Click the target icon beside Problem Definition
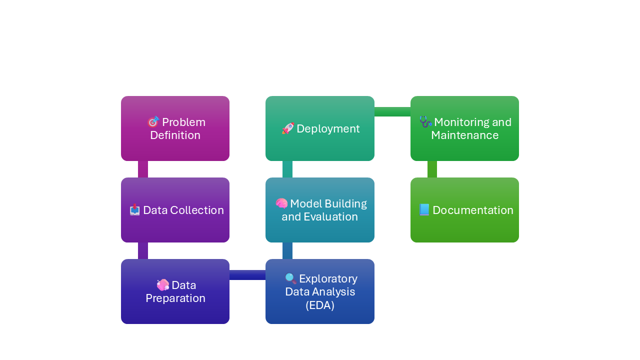click(153, 122)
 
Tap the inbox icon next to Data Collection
click(134, 210)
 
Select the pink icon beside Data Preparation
click(163, 285)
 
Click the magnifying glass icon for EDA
click(290, 278)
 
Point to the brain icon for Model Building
click(281, 203)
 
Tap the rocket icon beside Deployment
click(288, 128)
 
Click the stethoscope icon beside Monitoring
click(425, 122)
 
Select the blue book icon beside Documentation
click(424, 210)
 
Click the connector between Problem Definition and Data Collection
click(143, 169)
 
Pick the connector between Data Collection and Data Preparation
click(143, 250)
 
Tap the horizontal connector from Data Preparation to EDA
click(247, 275)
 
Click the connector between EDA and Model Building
click(287, 250)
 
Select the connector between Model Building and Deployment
click(287, 169)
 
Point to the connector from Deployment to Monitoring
click(392, 111)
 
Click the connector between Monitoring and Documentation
click(432, 169)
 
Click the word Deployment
click(328, 128)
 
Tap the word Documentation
click(472, 210)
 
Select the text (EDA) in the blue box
click(320, 305)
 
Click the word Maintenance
click(464, 135)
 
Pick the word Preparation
click(175, 298)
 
